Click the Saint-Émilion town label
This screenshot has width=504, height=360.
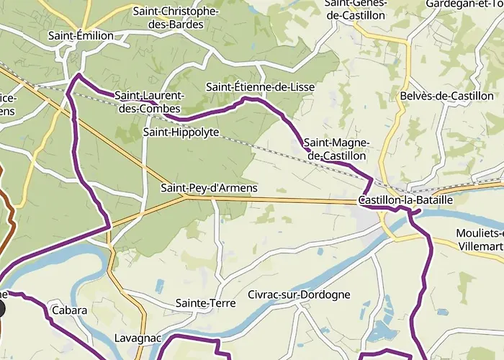click(x=78, y=35)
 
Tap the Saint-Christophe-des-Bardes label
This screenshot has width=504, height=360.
click(x=176, y=18)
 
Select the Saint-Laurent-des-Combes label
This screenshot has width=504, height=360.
click(x=150, y=102)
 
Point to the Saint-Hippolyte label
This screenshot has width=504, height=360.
click(x=181, y=132)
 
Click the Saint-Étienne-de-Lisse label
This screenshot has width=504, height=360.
click(x=260, y=87)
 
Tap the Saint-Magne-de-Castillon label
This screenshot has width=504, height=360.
click(x=337, y=149)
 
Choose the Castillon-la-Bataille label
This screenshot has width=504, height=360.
click(x=405, y=200)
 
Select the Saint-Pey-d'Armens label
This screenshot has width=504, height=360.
click(x=208, y=188)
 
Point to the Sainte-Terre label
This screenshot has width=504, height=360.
click(x=205, y=303)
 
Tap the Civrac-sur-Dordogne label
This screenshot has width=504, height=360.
click(x=299, y=294)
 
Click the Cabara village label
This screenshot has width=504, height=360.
click(x=69, y=310)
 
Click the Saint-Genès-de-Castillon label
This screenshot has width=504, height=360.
click(x=359, y=8)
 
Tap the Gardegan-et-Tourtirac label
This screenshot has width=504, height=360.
click(x=464, y=4)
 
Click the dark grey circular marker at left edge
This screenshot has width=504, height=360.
click(x=1, y=310)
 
